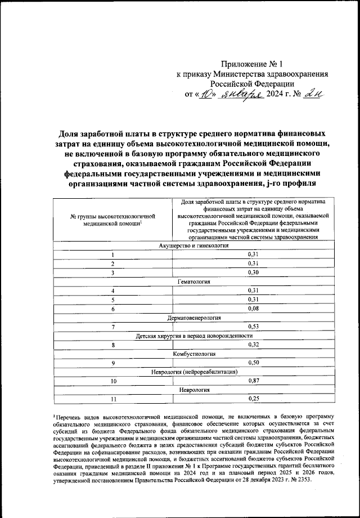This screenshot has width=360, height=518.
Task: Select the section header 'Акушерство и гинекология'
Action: (x=193, y=247)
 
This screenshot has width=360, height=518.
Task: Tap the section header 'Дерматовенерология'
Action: (x=193, y=318)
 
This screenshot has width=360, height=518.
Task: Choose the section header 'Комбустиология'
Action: (x=193, y=354)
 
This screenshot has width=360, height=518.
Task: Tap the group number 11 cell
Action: (x=112, y=399)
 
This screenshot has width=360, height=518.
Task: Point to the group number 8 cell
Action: (x=112, y=345)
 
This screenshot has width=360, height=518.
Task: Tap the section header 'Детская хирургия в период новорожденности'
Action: (x=193, y=336)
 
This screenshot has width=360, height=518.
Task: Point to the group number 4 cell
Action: (x=112, y=291)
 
